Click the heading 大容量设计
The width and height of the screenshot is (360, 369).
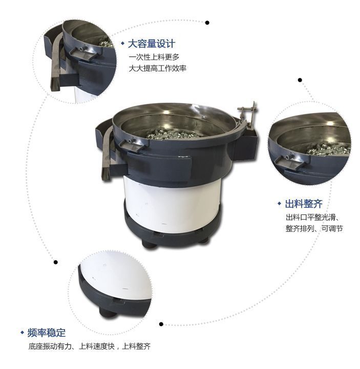point(152,44)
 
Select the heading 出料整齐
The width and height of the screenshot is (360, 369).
point(304,204)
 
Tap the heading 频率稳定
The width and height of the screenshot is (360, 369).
point(47,333)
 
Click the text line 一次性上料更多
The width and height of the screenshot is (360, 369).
point(154,57)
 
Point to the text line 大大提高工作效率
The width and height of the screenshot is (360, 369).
point(158,69)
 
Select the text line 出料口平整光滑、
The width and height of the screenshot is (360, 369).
point(312,217)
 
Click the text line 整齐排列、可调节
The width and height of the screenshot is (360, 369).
point(314,228)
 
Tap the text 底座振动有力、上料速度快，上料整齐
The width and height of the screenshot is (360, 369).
point(90,346)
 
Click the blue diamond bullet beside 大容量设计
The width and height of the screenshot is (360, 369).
point(122,44)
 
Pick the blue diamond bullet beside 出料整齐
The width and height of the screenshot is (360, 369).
point(280,203)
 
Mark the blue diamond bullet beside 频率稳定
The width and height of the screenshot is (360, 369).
point(23,332)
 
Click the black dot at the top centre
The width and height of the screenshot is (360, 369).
point(207,23)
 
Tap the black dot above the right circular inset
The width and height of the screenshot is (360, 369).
point(300,80)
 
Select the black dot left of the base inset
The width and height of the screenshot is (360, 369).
point(56,262)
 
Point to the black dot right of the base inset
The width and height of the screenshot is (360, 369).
point(161,324)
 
